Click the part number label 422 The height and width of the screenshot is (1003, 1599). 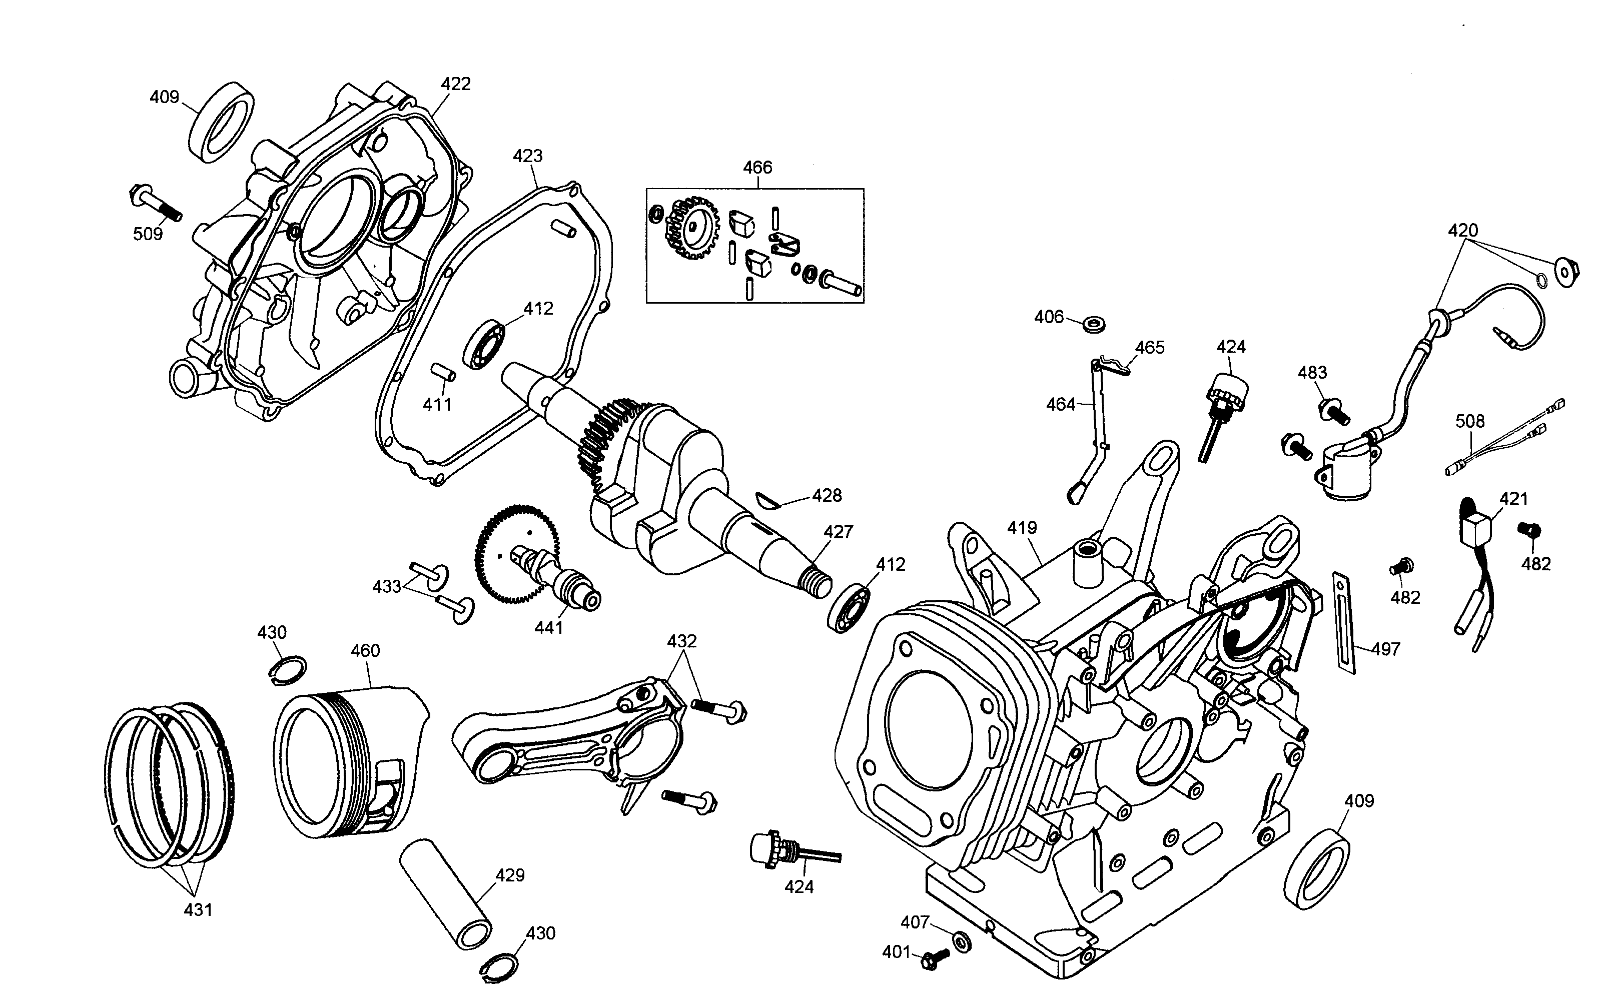click(456, 84)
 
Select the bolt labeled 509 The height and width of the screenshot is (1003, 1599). click(156, 204)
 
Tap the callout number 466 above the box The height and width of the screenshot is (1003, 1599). click(757, 167)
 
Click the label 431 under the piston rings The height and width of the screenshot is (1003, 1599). click(198, 910)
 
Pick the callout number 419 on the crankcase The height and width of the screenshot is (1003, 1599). click(1021, 528)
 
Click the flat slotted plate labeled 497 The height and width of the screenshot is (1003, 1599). click(1344, 622)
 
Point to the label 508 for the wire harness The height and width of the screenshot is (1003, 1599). click(1469, 421)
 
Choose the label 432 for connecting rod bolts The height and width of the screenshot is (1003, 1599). click(681, 641)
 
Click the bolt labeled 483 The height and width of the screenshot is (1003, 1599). click(1334, 411)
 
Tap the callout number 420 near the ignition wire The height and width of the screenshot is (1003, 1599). click(1462, 231)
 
